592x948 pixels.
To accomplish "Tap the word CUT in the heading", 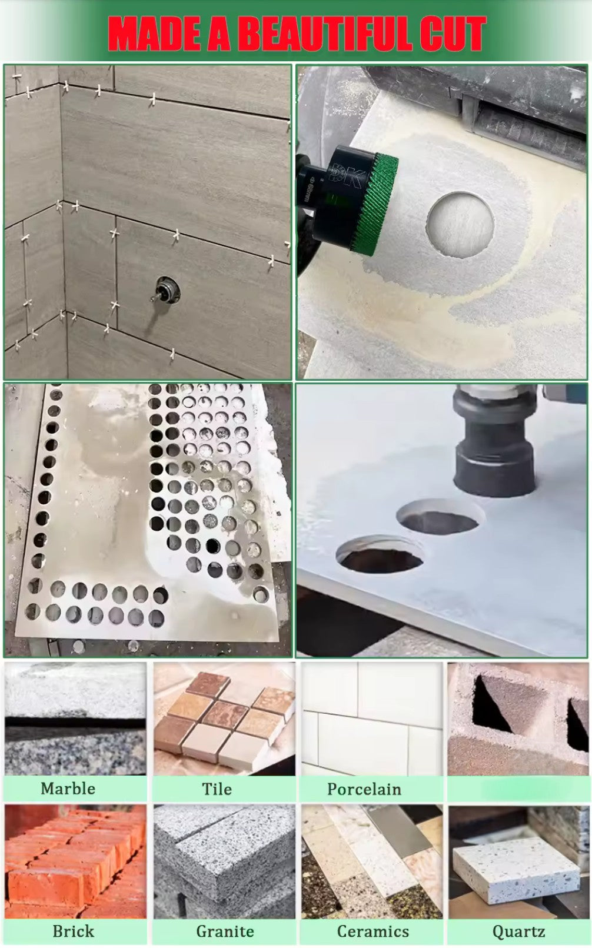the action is pyautogui.click(x=453, y=34).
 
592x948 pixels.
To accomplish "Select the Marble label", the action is pyautogui.click(x=68, y=789).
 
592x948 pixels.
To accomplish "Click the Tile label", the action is pyautogui.click(x=217, y=789).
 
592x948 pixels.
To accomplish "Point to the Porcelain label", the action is pyautogui.click(x=364, y=789).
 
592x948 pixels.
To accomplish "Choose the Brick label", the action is pyautogui.click(x=73, y=932).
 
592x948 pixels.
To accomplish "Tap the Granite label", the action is pyautogui.click(x=225, y=932).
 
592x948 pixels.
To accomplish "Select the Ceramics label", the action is pyautogui.click(x=373, y=932).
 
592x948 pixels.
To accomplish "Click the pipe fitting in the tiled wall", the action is pyautogui.click(x=165, y=290).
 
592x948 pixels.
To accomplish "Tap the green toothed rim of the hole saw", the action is pyautogui.click(x=376, y=205).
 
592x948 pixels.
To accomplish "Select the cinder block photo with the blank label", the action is pyautogui.click(x=518, y=719).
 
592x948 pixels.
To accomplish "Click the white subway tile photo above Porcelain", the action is pyautogui.click(x=372, y=719).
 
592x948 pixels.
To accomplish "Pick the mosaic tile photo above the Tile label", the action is pyautogui.click(x=224, y=719).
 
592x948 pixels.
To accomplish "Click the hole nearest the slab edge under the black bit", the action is pyautogui.click(x=380, y=554).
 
